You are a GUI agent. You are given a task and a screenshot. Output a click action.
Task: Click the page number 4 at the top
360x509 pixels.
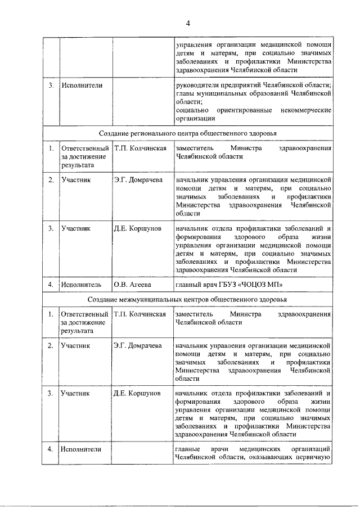coord(188,22)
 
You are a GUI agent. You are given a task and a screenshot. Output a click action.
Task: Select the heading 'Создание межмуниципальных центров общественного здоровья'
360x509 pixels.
coord(188,298)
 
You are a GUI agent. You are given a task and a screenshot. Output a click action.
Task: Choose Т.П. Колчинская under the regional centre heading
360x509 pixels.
coord(139,148)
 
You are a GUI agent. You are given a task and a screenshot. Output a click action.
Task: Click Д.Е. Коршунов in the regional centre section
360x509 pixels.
coord(137,229)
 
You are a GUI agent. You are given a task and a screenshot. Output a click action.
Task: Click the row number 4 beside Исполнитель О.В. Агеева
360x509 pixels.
coord(51,285)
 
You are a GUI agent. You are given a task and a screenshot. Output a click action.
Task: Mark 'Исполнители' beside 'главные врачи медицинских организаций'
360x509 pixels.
coord(82,449)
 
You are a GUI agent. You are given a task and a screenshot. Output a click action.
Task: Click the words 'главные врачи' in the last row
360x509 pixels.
coord(204,449)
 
